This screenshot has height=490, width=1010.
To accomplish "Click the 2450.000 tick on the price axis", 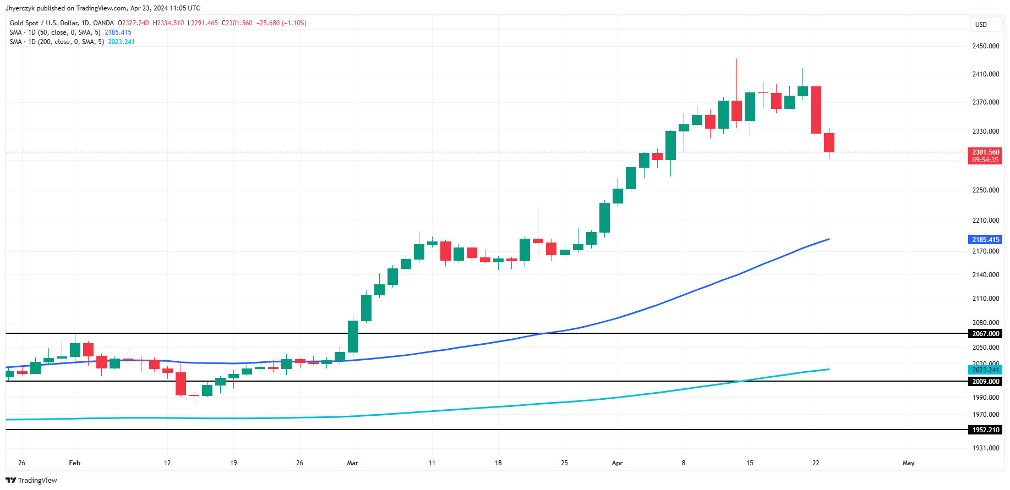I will (985, 46).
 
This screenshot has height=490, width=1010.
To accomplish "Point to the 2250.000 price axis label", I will (985, 190).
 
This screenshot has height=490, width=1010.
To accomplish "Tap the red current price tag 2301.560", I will (985, 152).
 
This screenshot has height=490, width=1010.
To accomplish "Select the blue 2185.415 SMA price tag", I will (985, 240).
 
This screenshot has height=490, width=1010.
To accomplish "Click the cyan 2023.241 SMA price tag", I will (985, 370).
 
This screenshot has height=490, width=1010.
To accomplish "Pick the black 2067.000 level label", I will (985, 334).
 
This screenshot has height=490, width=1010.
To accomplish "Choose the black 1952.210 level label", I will (985, 430).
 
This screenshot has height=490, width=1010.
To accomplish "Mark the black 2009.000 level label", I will (985, 382).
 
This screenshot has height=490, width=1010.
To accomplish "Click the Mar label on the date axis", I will (352, 463).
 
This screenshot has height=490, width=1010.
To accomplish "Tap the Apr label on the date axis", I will (617, 463).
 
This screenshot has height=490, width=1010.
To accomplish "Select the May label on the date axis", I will (908, 463).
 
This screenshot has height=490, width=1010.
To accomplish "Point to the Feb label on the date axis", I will (74, 463).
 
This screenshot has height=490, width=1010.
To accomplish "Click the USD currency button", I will (981, 25).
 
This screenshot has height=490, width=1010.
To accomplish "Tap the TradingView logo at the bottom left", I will (31, 481).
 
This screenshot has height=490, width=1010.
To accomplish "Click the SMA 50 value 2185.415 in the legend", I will (118, 32).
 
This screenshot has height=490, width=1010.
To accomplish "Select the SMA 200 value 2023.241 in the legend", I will (121, 42).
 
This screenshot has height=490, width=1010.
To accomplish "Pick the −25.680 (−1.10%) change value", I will (281, 23).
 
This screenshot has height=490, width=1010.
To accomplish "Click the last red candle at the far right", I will (829, 142).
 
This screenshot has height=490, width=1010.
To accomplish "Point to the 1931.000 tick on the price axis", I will (985, 448).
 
